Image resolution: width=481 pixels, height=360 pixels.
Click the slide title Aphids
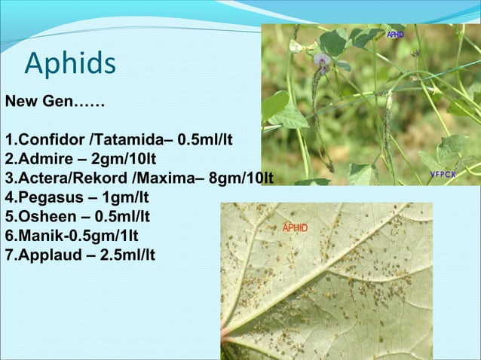coord(70,63)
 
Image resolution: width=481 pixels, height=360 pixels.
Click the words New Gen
coord(38,101)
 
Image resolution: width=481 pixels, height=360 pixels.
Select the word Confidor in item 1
coord(52,141)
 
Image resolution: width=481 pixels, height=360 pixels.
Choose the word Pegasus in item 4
coord(48,198)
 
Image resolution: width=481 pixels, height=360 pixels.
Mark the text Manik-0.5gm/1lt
coord(71,236)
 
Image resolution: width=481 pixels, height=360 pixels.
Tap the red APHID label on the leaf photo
coord(295,227)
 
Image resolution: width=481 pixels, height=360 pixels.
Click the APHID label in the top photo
coord(396,35)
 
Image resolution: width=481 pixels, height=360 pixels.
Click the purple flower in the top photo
coord(322,60)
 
